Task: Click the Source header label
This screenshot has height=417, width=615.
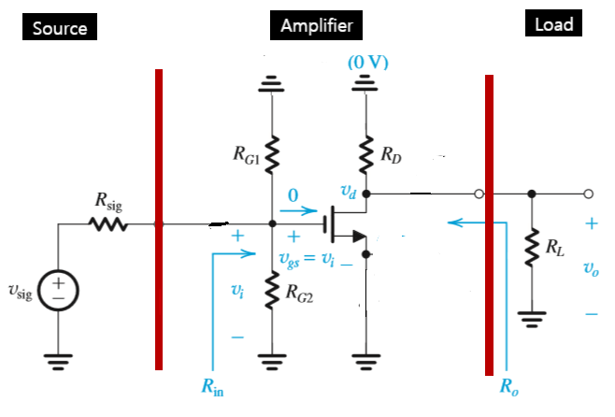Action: (x=60, y=28)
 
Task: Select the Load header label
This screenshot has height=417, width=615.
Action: (x=553, y=25)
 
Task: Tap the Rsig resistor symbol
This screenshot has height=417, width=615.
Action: (x=106, y=224)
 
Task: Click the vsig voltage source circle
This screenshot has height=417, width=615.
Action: (x=59, y=287)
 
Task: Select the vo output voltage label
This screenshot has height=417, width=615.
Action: (x=590, y=269)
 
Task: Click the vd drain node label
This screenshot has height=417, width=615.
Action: (x=350, y=192)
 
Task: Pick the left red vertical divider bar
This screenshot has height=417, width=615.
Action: (x=159, y=219)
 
